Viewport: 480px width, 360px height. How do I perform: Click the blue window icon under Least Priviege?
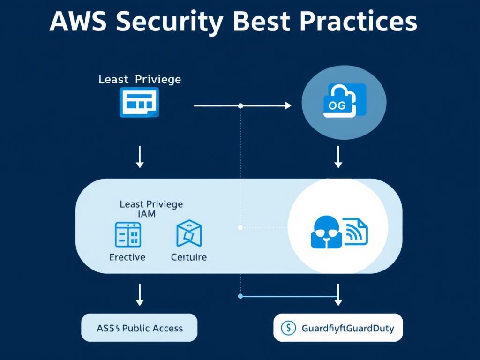click(139, 102)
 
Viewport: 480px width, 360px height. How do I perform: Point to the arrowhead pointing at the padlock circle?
click(288, 106)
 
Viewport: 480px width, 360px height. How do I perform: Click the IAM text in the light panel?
click(147, 214)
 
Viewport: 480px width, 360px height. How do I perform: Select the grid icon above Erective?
click(128, 234)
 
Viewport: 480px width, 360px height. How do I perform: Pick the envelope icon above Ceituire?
click(189, 233)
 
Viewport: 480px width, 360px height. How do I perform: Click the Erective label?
click(127, 257)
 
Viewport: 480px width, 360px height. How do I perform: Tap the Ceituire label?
click(188, 257)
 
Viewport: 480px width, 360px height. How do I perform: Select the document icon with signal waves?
click(356, 231)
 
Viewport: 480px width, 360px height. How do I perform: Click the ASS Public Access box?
click(139, 328)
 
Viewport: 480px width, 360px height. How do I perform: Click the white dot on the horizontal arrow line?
click(240, 106)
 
